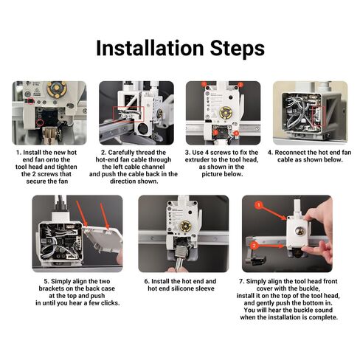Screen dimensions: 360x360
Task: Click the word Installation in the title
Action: [150, 48]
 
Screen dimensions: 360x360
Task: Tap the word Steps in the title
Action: [238, 49]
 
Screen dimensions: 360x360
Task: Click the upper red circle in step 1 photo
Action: [30, 100]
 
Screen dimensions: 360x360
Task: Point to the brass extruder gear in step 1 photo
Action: [58, 89]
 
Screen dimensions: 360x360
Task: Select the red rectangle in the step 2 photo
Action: [128, 114]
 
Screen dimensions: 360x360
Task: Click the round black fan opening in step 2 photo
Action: [142, 128]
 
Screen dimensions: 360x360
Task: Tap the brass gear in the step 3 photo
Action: [224, 112]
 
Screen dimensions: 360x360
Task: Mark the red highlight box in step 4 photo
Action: [319, 116]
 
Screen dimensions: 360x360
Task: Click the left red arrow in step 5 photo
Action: [81, 212]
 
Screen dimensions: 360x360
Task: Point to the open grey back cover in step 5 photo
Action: [103, 240]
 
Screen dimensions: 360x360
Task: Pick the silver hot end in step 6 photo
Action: [181, 257]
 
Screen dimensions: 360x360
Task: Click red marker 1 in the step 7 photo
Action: [258, 205]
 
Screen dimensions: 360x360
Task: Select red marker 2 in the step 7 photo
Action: [255, 246]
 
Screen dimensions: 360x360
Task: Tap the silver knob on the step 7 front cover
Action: [300, 232]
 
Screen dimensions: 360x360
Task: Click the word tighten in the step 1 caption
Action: [66, 167]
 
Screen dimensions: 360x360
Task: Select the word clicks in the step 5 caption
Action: [110, 303]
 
